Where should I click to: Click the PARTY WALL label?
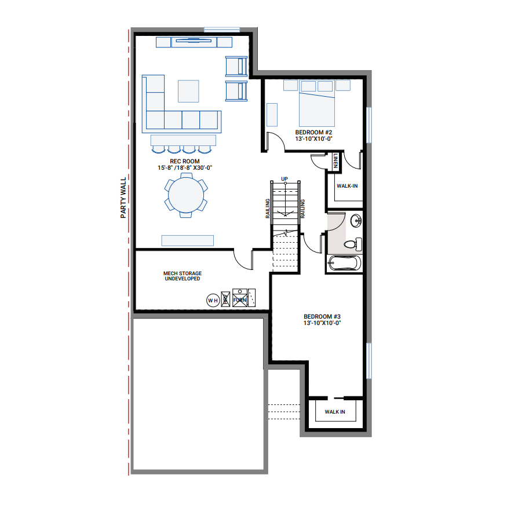pyautogui.click(x=123, y=198)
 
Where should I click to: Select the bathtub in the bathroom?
pyautogui.click(x=344, y=264)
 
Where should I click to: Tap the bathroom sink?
pyautogui.click(x=356, y=220)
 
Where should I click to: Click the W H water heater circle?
pyautogui.click(x=213, y=300)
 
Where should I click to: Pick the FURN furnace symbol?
pyautogui.click(x=240, y=297)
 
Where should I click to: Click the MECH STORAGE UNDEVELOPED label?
pyautogui.click(x=182, y=276)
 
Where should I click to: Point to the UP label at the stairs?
pyautogui.click(x=284, y=178)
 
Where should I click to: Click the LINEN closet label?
pyautogui.click(x=335, y=160)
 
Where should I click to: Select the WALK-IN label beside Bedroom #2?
pyautogui.click(x=347, y=186)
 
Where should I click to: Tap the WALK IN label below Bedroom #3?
pyautogui.click(x=335, y=412)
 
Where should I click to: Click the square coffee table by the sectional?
pyautogui.click(x=189, y=92)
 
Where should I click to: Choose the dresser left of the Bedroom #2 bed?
pyautogui.click(x=272, y=114)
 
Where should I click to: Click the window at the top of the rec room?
pyautogui.click(x=222, y=28)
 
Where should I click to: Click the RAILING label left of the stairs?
pyautogui.click(x=267, y=209)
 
